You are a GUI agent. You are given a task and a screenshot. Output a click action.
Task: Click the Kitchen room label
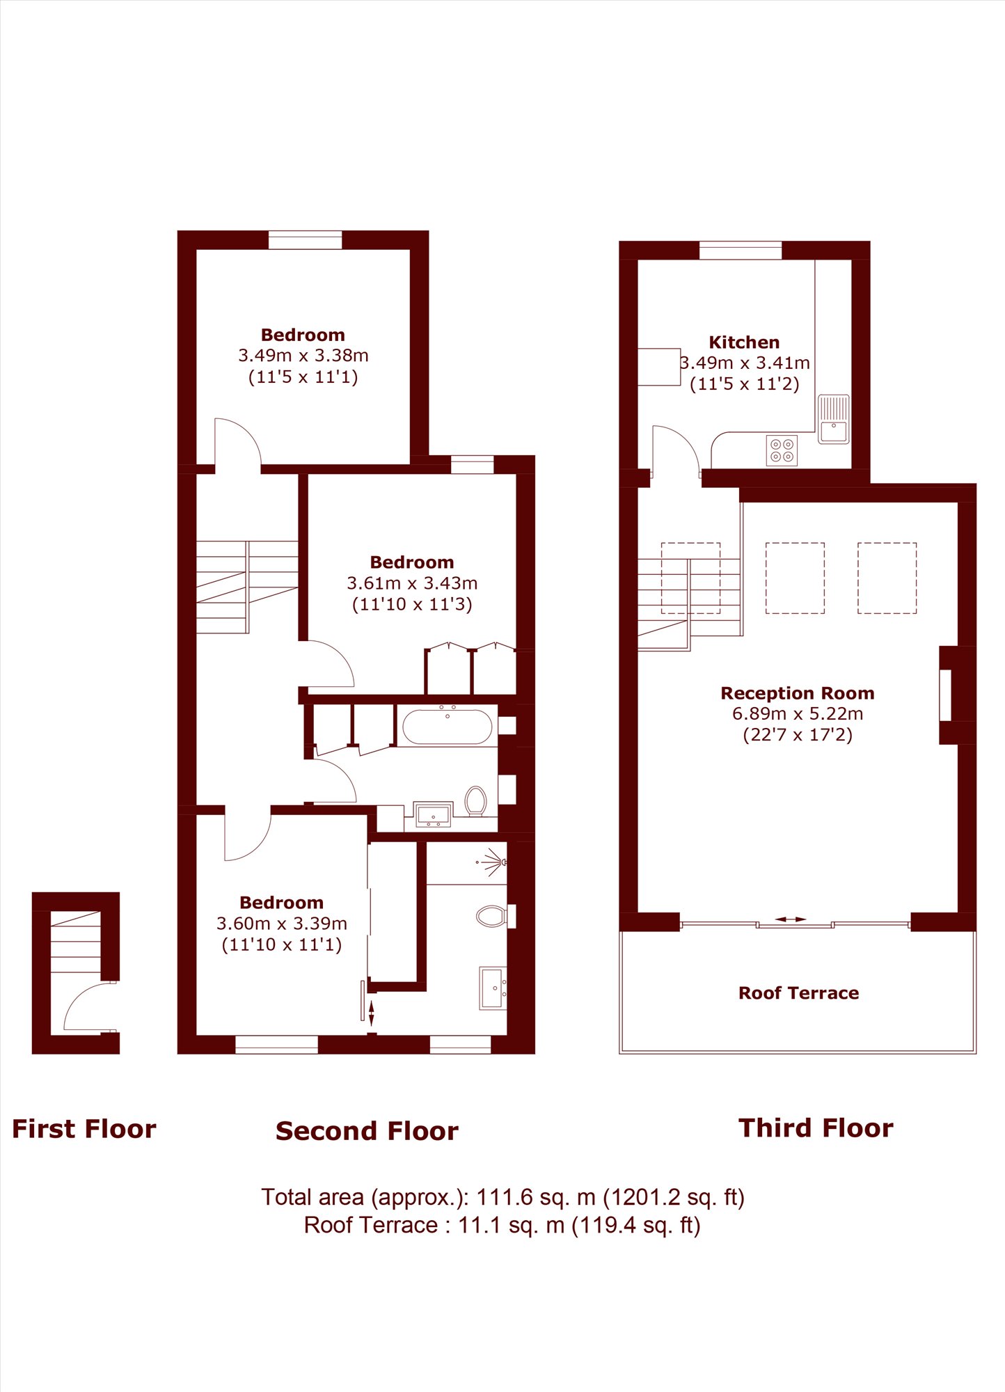point(744,342)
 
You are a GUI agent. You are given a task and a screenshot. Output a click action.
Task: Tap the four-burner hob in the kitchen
point(782,450)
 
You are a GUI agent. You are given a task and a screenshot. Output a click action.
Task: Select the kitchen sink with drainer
point(833,419)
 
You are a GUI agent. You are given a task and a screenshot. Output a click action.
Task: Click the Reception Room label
point(798,693)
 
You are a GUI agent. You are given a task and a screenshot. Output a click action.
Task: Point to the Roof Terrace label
point(798,993)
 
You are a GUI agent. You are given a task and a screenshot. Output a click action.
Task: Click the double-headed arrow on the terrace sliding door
point(791,919)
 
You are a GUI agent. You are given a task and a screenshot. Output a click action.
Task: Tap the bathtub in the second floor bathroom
point(448,727)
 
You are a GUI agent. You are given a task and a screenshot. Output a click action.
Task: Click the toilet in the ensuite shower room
point(491,917)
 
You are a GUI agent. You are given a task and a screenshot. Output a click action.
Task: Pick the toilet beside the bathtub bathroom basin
point(476,800)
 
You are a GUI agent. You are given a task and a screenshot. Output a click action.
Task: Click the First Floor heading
point(84,1129)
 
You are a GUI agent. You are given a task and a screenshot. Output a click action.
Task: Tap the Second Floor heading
point(367,1131)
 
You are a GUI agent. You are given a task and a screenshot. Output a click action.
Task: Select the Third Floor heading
point(816,1128)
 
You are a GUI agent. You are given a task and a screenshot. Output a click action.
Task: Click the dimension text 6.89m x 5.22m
point(798,713)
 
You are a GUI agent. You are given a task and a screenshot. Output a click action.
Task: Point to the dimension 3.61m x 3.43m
point(412,583)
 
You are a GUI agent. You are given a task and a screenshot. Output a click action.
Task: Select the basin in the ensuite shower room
point(493,988)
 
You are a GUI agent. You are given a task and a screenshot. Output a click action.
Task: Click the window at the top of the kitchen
point(741,251)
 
